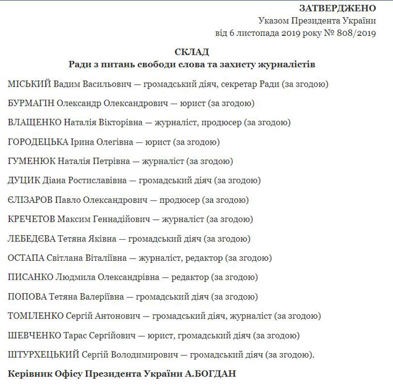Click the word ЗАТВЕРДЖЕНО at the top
click(x=337, y=8)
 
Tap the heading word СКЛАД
click(x=192, y=52)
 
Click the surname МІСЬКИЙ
click(x=30, y=84)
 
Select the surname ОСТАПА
click(x=26, y=258)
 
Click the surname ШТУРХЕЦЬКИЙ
click(x=43, y=355)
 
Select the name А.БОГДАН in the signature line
click(x=212, y=374)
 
